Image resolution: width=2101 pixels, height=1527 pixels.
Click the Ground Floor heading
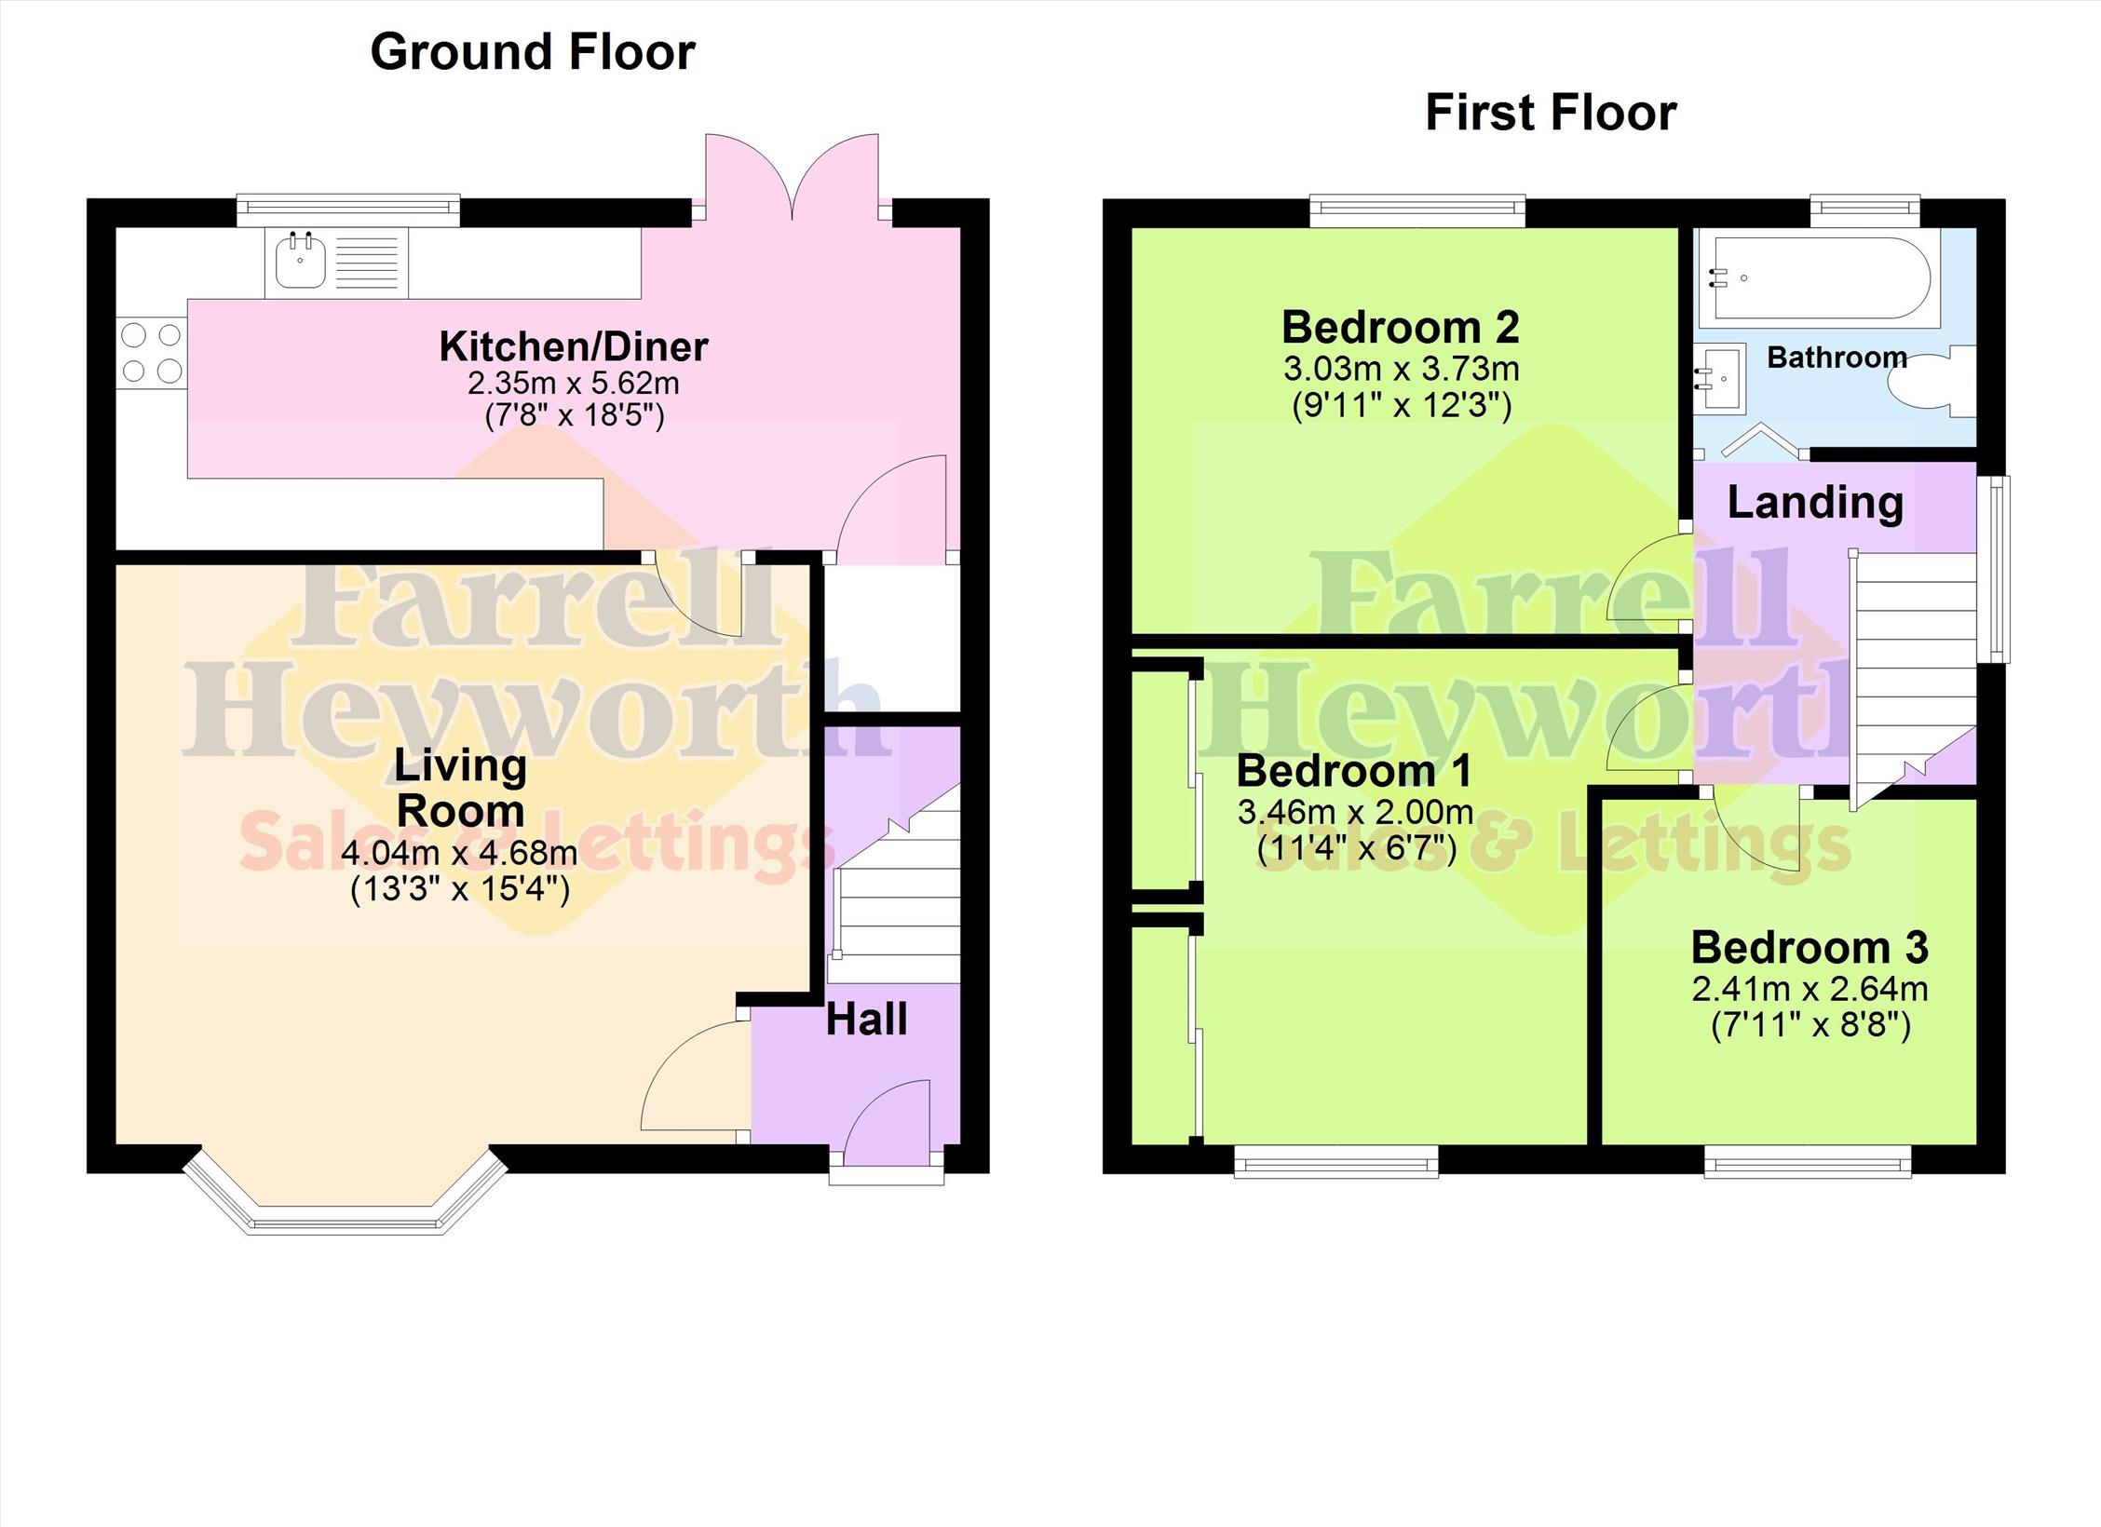click(x=533, y=52)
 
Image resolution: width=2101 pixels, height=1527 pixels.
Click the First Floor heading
click(x=1551, y=114)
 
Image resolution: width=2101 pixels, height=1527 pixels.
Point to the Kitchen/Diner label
click(x=574, y=346)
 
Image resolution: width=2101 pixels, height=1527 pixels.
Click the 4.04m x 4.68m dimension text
click(x=459, y=852)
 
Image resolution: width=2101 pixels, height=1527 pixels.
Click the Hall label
click(x=866, y=1020)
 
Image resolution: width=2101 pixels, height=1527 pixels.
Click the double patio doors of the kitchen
click(x=792, y=177)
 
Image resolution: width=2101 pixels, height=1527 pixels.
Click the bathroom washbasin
click(x=1719, y=377)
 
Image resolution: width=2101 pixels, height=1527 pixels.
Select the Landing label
click(x=1815, y=503)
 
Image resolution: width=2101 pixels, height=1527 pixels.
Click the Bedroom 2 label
click(x=1401, y=327)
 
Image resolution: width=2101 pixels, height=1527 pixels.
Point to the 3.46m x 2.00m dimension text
click(x=1355, y=812)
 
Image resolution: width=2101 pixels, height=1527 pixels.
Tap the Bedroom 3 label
click(x=1810, y=948)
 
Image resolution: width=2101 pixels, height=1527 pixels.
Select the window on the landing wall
click(x=1994, y=569)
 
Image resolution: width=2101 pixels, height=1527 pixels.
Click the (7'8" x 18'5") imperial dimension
click(x=575, y=415)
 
